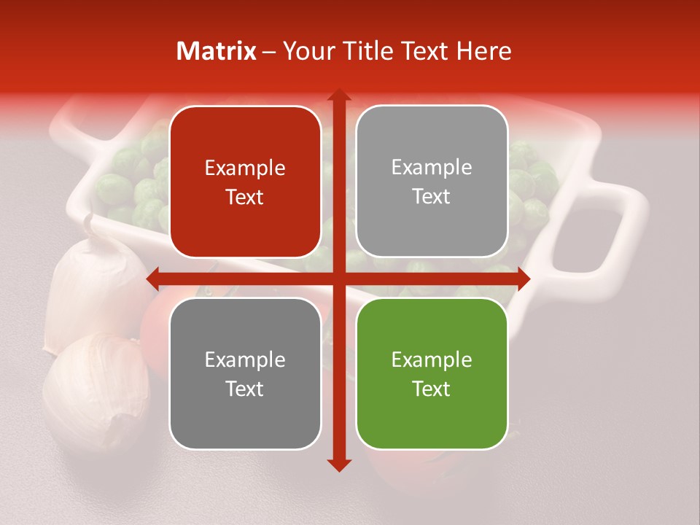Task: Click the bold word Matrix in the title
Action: [x=217, y=51]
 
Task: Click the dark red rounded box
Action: [x=245, y=182]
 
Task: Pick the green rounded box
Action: [x=432, y=374]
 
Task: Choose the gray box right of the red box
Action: [x=432, y=182]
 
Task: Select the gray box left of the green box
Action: [x=245, y=374]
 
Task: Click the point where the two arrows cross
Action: [x=338, y=279]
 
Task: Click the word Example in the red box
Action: [x=245, y=168]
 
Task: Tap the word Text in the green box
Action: [x=432, y=389]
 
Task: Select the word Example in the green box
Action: [x=432, y=359]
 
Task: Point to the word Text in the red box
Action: [x=245, y=198]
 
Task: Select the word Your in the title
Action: [x=307, y=51]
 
